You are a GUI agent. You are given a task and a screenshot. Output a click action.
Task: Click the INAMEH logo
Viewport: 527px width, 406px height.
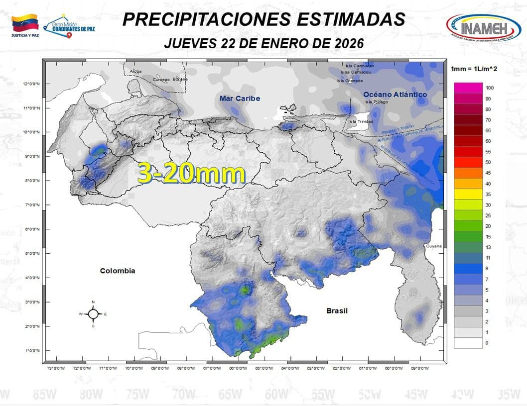(483, 28)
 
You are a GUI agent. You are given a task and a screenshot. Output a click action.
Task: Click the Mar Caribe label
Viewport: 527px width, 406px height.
(240, 99)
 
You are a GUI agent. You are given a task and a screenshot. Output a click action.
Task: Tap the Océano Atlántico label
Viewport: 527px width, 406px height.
(395, 95)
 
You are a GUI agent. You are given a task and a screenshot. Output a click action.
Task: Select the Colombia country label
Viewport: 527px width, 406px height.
(118, 271)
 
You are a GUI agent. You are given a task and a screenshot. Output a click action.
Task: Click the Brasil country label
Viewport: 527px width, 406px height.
(337, 310)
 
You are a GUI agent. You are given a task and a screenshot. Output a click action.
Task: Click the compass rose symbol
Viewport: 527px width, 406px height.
(93, 314)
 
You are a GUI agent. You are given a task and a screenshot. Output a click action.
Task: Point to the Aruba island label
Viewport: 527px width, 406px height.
(135, 72)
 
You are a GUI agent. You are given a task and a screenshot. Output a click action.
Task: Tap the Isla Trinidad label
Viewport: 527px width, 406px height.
(360, 121)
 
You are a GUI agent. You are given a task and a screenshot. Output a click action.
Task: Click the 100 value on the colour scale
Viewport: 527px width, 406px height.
(489, 88)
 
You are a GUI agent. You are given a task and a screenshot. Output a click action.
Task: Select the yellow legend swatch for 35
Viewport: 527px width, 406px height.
(468, 195)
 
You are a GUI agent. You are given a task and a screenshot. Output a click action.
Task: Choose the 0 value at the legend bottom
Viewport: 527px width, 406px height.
(487, 343)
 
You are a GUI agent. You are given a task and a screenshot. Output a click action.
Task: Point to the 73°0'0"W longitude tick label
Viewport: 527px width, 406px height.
(56, 369)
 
